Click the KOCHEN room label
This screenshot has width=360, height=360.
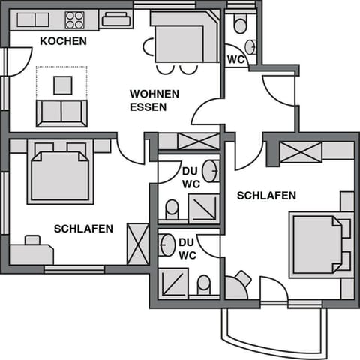pyautogui.click(x=63, y=40)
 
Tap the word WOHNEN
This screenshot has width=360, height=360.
pyautogui.click(x=154, y=94)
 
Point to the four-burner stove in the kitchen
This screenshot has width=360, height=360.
pyautogui.click(x=74, y=19)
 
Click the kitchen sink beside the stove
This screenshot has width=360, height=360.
pyautogui.click(x=116, y=19)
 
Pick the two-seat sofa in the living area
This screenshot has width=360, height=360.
pyautogui.click(x=61, y=112)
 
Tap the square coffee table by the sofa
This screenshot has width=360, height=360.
pyautogui.click(x=62, y=85)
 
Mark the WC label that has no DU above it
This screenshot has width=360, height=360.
pyautogui.click(x=235, y=58)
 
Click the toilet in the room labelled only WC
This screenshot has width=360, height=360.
pyautogui.click(x=240, y=25)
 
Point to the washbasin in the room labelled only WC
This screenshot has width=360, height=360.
pyautogui.click(x=251, y=46)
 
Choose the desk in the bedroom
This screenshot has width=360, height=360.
pyautogui.click(x=31, y=253)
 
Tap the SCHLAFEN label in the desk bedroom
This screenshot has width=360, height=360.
pyautogui.click(x=83, y=229)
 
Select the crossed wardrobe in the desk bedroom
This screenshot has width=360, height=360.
pyautogui.click(x=138, y=244)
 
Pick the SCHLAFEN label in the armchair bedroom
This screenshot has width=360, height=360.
pyautogui.click(x=266, y=196)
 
